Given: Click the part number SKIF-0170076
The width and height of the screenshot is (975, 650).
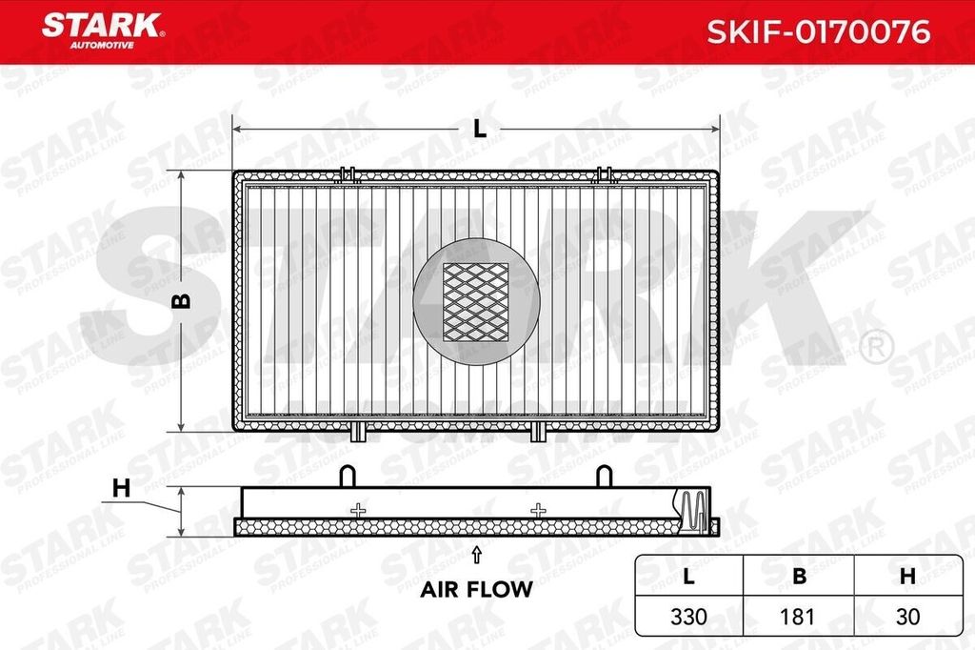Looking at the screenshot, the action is point(818,31).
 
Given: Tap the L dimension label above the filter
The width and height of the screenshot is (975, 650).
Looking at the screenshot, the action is point(480,129).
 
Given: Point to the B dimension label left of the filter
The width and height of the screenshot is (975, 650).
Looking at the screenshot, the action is point(182,301).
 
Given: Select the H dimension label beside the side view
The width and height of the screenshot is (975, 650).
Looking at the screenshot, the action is point(121,488).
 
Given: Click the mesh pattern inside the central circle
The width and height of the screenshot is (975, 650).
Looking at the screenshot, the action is point(476,302).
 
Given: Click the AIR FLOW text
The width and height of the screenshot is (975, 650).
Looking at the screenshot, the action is point(476,589).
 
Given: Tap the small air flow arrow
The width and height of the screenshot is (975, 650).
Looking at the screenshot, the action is point(476,555).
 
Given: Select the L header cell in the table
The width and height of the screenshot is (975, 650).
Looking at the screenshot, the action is point(688,577).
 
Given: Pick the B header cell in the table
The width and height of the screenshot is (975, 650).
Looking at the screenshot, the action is point(799,577).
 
